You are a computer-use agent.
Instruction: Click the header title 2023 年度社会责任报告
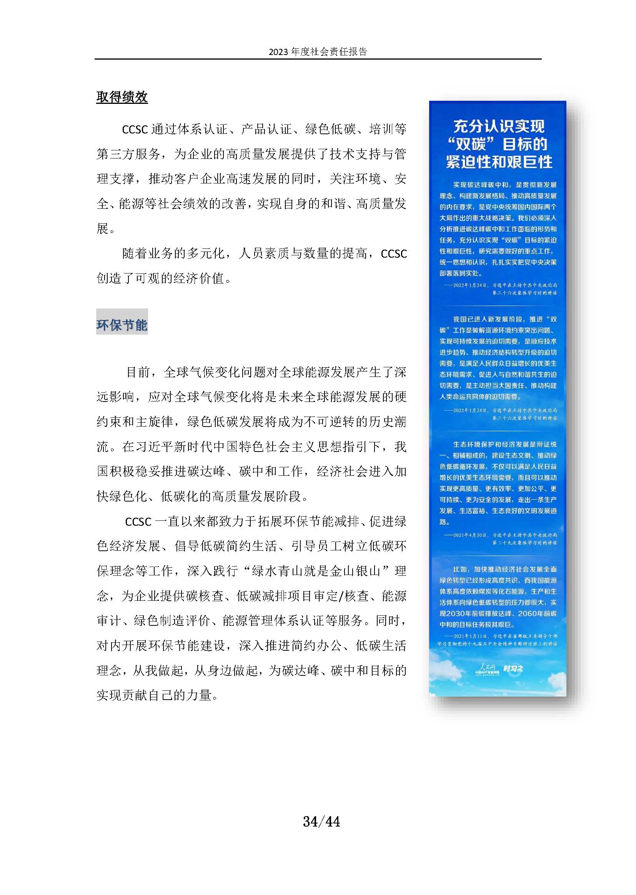point(318,52)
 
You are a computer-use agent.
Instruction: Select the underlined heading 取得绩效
point(122,97)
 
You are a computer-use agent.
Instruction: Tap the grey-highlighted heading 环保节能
point(122,325)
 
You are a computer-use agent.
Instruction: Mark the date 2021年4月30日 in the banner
point(470,535)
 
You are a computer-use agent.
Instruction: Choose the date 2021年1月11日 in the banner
point(470,636)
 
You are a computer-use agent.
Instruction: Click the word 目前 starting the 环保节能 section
point(138,372)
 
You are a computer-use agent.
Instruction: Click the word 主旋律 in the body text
point(154,422)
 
